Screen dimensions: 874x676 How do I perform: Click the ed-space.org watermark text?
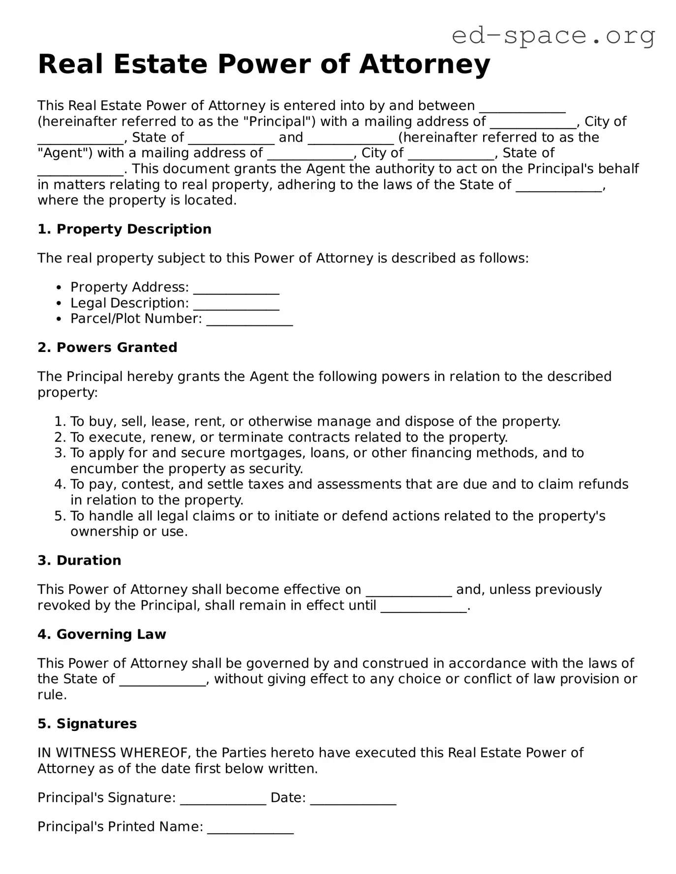point(553,35)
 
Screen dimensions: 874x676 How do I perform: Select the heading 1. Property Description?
point(124,229)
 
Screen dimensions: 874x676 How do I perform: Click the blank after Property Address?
point(236,289)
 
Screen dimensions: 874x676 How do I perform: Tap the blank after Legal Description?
point(236,304)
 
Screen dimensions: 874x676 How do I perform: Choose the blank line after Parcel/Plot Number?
point(249,320)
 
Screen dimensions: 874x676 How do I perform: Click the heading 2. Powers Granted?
point(107,348)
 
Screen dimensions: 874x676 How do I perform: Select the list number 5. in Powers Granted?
point(60,516)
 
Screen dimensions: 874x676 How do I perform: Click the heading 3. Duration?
point(79,560)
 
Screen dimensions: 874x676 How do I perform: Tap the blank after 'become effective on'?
point(409,591)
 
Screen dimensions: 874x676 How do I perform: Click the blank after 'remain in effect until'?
point(424,607)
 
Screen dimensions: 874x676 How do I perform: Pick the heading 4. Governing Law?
point(102,634)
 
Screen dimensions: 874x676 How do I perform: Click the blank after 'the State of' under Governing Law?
point(162,680)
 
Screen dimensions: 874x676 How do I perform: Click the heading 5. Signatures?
point(87,724)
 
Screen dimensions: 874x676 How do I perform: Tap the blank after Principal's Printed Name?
point(250,828)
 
